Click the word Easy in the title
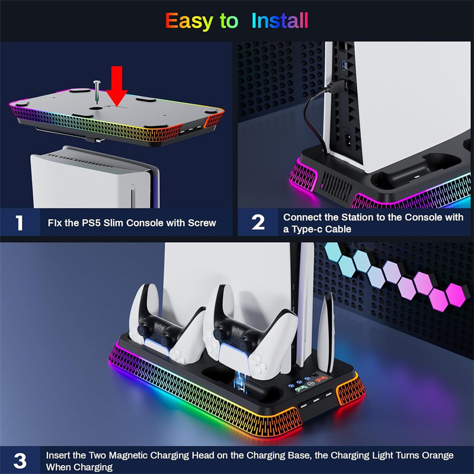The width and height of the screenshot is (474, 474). pos(189,21)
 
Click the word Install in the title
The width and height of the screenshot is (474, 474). pos(280,21)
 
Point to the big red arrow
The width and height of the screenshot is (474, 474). pos(117,86)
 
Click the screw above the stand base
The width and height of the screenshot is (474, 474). pos(97,92)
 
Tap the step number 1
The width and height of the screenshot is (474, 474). pos(20,223)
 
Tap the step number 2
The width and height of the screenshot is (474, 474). pos(258,223)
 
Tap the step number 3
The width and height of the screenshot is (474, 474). pos(20,461)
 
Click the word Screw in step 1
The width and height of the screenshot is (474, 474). pos(202,223)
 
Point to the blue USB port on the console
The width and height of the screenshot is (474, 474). pos(343,63)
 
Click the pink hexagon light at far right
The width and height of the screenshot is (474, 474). pos(454,294)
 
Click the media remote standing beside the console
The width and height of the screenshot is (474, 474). pos(326,334)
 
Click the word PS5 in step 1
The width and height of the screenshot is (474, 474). pos(90,223)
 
